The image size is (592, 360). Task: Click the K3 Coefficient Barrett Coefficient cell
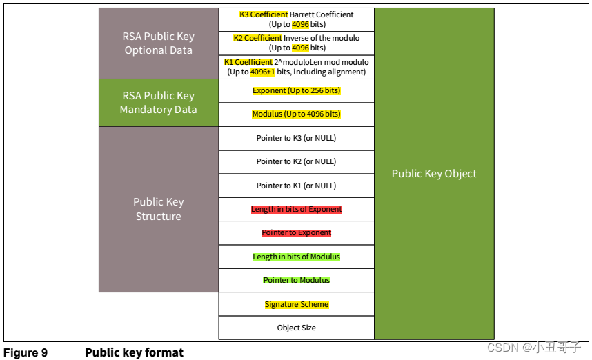(x=296, y=19)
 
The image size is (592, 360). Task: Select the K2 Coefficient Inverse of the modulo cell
(x=296, y=43)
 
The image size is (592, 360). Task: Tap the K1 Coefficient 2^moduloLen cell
(x=296, y=67)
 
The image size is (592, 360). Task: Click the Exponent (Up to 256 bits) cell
(x=296, y=90)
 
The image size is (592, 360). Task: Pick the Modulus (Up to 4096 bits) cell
(x=296, y=114)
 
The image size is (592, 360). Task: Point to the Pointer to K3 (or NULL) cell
(x=296, y=138)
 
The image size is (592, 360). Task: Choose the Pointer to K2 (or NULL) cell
(x=296, y=161)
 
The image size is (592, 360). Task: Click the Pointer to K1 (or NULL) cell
(x=296, y=186)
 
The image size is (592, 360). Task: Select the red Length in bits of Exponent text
(x=296, y=209)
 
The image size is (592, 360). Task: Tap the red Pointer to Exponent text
(x=296, y=233)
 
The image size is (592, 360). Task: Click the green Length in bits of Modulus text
(x=296, y=257)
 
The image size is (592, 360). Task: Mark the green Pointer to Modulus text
(x=296, y=280)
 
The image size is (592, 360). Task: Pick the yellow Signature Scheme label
(x=296, y=304)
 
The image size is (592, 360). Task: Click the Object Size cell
(x=296, y=328)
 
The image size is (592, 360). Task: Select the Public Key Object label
(x=434, y=174)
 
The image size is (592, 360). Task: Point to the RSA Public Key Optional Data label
(x=158, y=43)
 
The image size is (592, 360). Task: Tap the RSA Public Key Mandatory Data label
(x=158, y=103)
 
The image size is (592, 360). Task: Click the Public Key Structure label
(x=158, y=209)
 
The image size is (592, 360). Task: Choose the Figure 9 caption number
(x=26, y=353)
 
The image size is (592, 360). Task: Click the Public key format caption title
(x=134, y=353)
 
